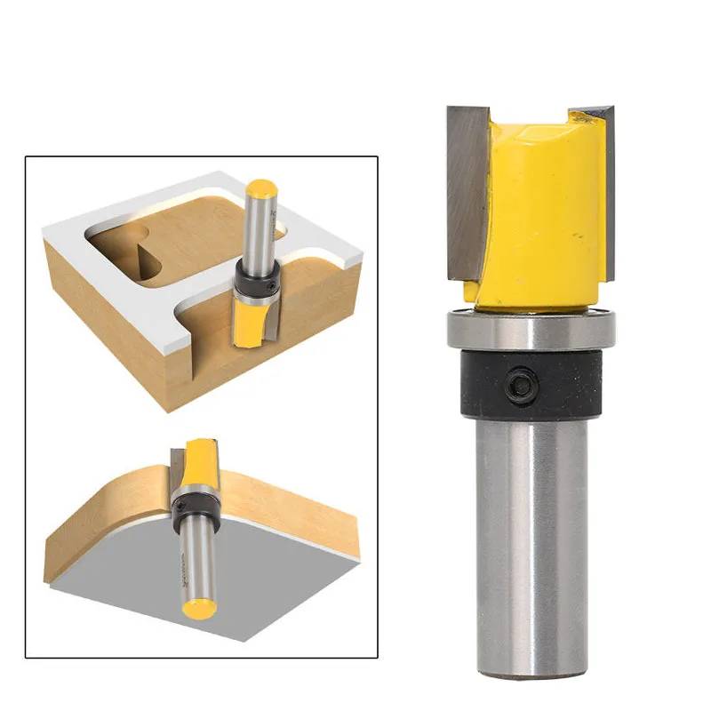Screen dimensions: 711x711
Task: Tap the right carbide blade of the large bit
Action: [x=607, y=191]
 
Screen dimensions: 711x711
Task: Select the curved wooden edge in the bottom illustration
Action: [x=98, y=524]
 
